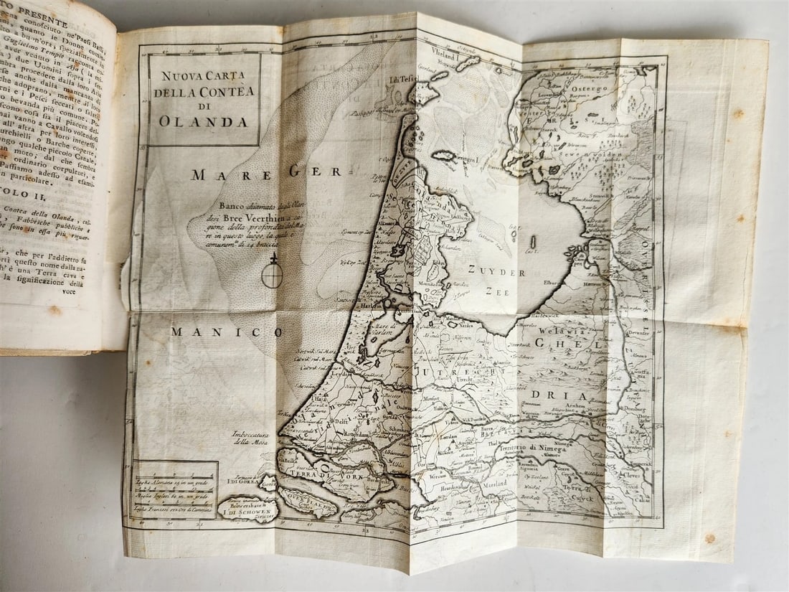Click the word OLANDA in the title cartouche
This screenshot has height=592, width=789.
[x=204, y=121]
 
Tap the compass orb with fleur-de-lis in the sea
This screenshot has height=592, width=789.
[x=272, y=274]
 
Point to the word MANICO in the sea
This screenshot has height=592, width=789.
[x=227, y=332]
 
